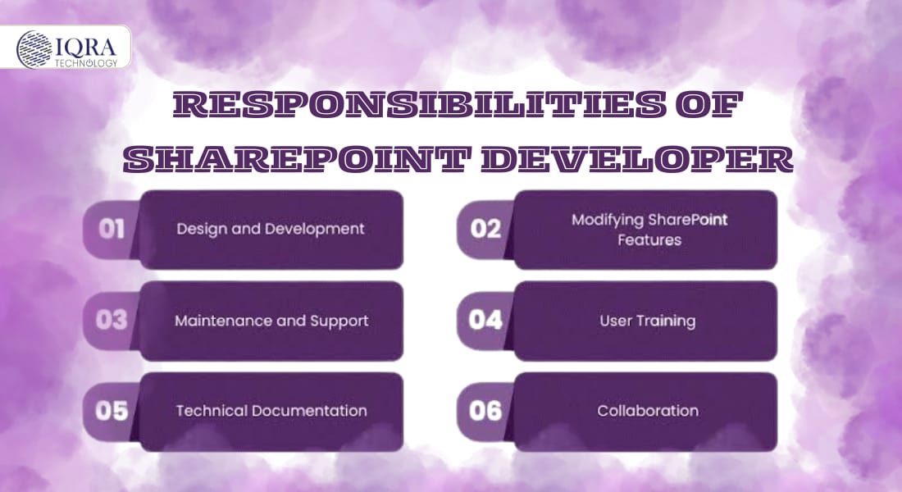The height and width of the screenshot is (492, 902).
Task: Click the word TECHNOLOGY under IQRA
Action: (86, 62)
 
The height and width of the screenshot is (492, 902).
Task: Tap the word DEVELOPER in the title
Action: (637, 159)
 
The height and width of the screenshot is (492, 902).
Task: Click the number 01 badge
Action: (111, 229)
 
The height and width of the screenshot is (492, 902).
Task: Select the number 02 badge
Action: (485, 229)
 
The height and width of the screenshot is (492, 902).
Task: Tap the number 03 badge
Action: (111, 320)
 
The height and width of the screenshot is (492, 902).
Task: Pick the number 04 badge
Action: (485, 320)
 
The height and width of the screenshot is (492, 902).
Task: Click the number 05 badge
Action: (111, 411)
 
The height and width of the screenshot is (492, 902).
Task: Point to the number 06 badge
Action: (485, 411)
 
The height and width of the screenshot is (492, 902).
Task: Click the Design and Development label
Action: (271, 229)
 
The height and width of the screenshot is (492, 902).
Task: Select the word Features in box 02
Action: (649, 240)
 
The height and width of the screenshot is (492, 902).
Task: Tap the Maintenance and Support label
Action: (271, 321)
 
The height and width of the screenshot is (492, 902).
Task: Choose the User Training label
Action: (648, 321)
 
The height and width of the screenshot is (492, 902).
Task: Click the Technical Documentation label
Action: (271, 411)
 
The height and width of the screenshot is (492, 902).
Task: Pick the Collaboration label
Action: (648, 411)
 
